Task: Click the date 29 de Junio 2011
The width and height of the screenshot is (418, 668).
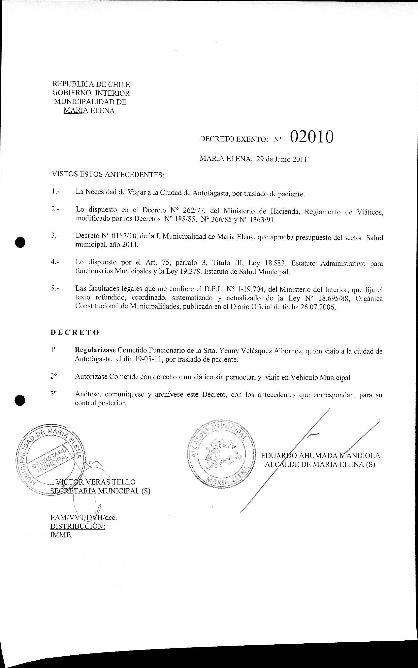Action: (x=281, y=159)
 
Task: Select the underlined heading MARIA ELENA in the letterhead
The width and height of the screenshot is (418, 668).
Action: (x=89, y=111)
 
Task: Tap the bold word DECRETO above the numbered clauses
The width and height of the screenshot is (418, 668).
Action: (x=75, y=333)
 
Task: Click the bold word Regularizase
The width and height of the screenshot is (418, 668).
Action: (x=95, y=350)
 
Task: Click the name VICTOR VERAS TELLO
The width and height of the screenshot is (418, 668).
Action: (x=96, y=482)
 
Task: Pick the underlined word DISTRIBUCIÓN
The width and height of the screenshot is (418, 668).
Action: (x=78, y=526)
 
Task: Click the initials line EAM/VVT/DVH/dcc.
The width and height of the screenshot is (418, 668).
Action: (x=83, y=517)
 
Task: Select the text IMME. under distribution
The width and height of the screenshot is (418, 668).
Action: (x=61, y=535)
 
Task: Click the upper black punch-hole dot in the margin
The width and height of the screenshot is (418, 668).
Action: (x=20, y=242)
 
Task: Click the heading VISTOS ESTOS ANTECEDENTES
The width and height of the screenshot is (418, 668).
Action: (x=108, y=175)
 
